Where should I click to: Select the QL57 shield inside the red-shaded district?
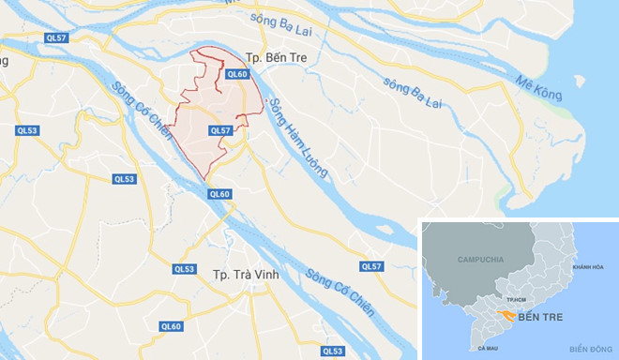[x=220, y=131]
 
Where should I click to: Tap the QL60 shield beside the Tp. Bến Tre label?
[x=236, y=74]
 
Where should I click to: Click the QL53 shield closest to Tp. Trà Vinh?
[x=184, y=268]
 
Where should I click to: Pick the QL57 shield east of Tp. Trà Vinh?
[x=372, y=267]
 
